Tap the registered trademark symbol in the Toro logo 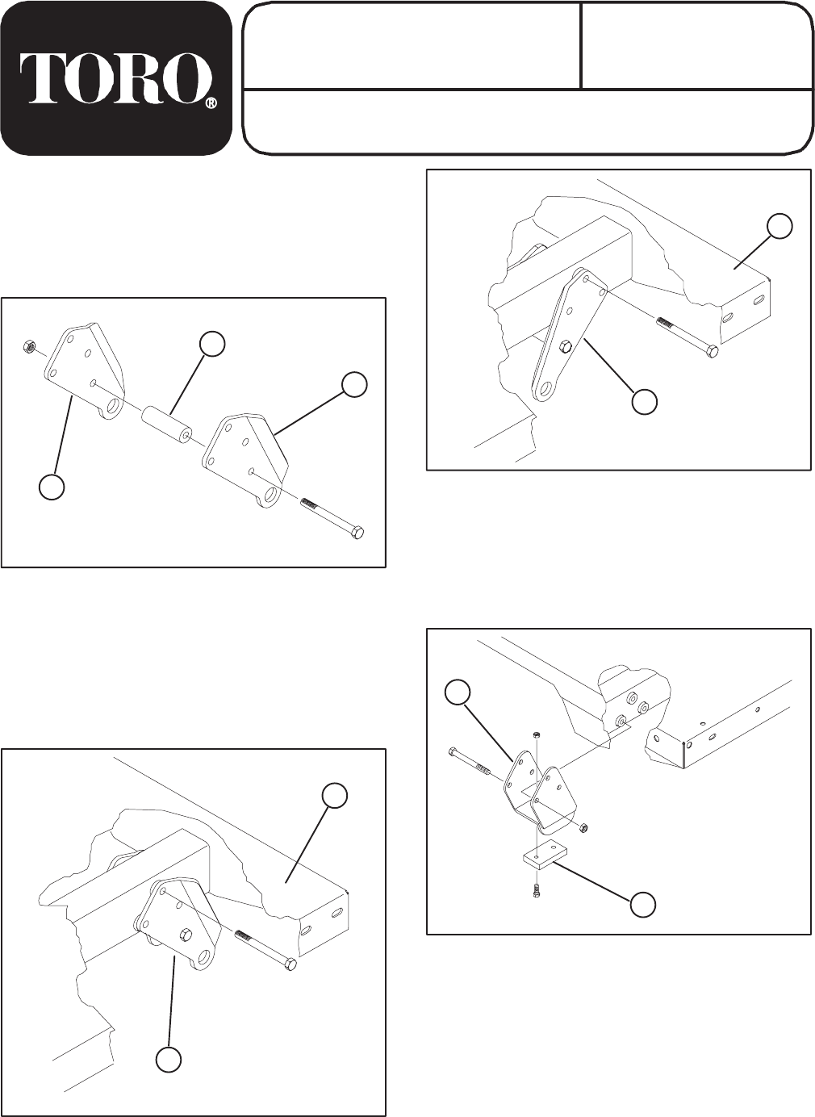click(211, 104)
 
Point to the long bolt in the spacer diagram click(332, 517)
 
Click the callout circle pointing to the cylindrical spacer click(212, 343)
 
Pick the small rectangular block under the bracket click(543, 857)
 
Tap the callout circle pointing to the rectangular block click(643, 905)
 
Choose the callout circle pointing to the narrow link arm click(643, 401)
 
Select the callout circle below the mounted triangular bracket click(168, 1059)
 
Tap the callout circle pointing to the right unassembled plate click(353, 385)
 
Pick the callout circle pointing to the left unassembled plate click(52, 488)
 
